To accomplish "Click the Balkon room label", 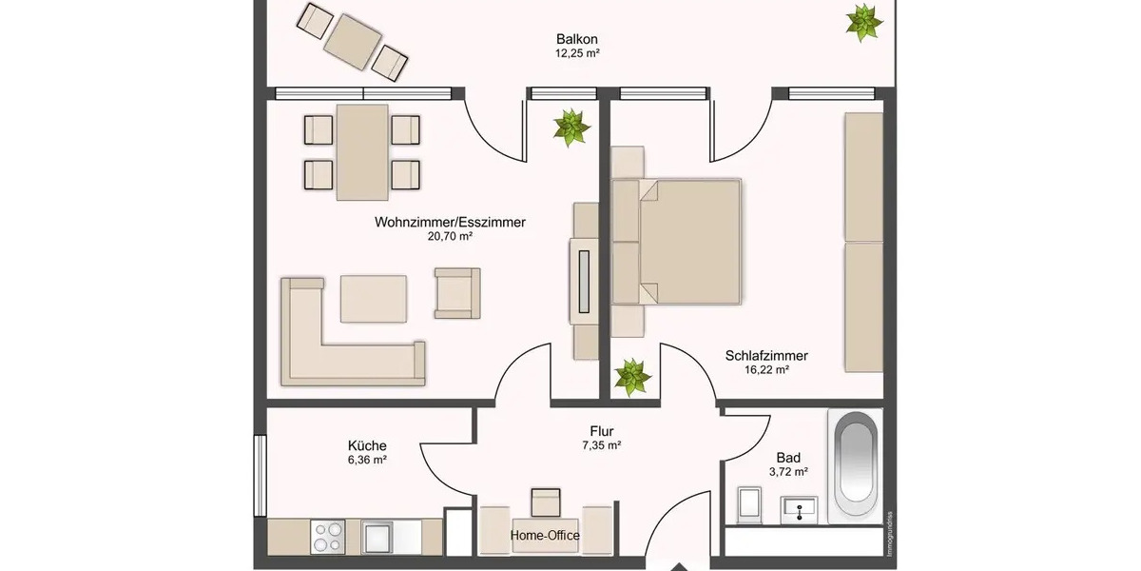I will point(577,39).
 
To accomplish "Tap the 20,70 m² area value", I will point(450,237).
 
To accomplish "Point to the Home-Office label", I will point(546,535).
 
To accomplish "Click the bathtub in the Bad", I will point(856,466).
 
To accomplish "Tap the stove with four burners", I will point(329,536).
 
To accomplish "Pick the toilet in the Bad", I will point(750,505).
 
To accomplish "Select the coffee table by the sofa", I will point(374,298).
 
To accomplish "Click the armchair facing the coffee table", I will point(456,292).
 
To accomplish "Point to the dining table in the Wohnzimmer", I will point(361,152).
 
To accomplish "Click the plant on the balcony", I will point(863,21).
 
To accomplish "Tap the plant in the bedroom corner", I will point(631,377).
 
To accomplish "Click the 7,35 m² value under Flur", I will point(601,445).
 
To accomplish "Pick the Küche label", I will point(367,444).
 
